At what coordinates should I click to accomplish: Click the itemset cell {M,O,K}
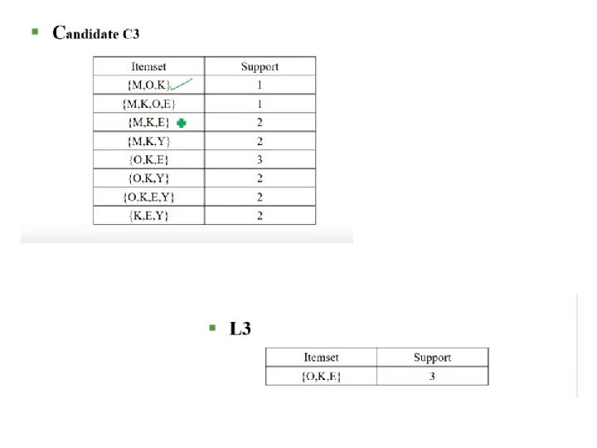click(148, 85)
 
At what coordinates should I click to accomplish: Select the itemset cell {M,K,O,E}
click(148, 104)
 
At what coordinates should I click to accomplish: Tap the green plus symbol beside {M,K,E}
click(181, 123)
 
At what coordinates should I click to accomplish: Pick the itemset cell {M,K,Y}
click(148, 141)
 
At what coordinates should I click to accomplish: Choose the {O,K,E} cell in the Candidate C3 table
click(148, 160)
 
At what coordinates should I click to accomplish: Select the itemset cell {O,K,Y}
click(148, 178)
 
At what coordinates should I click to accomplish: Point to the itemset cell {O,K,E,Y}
click(148, 197)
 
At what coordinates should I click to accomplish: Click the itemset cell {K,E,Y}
click(148, 215)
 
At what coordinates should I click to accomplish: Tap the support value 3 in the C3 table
click(260, 160)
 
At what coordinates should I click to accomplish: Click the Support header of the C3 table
click(260, 66)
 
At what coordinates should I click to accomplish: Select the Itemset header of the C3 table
click(148, 66)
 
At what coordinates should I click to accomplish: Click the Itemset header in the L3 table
click(321, 358)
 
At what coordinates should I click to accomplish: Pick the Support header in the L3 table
click(432, 358)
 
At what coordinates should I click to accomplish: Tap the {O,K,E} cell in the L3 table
click(321, 376)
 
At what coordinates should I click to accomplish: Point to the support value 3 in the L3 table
click(432, 376)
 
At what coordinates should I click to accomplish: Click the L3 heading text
click(240, 329)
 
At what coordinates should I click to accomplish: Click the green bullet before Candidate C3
click(35, 32)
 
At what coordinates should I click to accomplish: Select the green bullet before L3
click(213, 328)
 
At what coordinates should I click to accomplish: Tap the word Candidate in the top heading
click(88, 34)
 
